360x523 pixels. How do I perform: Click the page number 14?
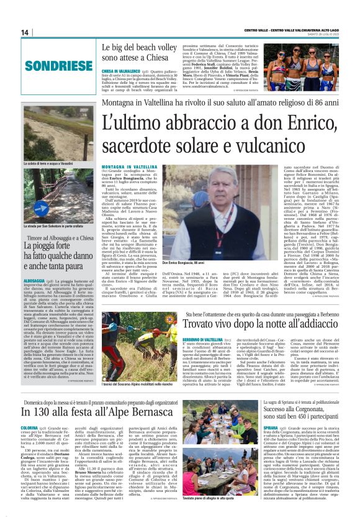click(x=25, y=32)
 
